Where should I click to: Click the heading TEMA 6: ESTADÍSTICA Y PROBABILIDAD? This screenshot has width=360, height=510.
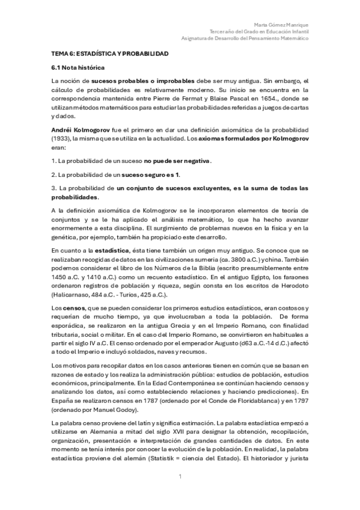[x=109, y=54]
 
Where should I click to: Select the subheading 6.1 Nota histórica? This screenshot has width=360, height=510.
[x=78, y=68]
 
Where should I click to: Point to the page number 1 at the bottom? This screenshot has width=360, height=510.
[x=180, y=477]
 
